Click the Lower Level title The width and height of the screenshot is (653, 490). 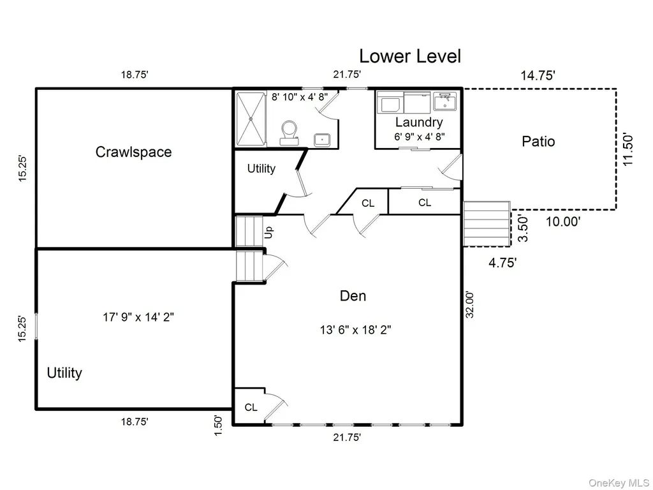[410, 56]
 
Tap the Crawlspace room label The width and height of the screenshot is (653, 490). [133, 152]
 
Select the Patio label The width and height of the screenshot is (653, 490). [538, 141]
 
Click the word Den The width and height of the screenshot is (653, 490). [353, 296]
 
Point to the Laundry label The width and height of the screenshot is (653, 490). [418, 122]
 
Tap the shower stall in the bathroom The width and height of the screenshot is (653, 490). [251, 119]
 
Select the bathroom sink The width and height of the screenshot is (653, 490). [322, 140]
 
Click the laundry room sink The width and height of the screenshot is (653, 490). [444, 101]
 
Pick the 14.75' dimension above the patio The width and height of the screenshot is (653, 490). [538, 75]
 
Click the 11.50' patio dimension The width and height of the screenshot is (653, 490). [628, 149]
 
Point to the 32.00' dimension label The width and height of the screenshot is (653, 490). [470, 304]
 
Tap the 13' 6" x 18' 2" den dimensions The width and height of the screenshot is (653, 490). [355, 330]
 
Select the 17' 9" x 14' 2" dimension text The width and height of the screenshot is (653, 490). [138, 317]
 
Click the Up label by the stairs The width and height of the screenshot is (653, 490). [269, 232]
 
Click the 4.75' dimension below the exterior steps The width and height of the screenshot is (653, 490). [503, 262]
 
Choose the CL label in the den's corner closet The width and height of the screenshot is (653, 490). [251, 407]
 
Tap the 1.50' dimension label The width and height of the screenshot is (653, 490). [218, 426]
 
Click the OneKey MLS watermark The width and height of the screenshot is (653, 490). [619, 483]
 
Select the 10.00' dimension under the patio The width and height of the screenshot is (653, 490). [563, 221]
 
